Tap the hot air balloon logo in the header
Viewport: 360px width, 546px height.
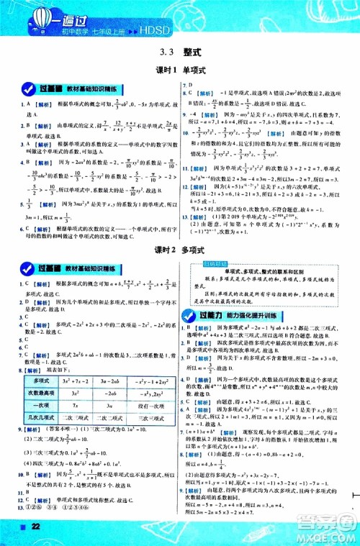[29, 16]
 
